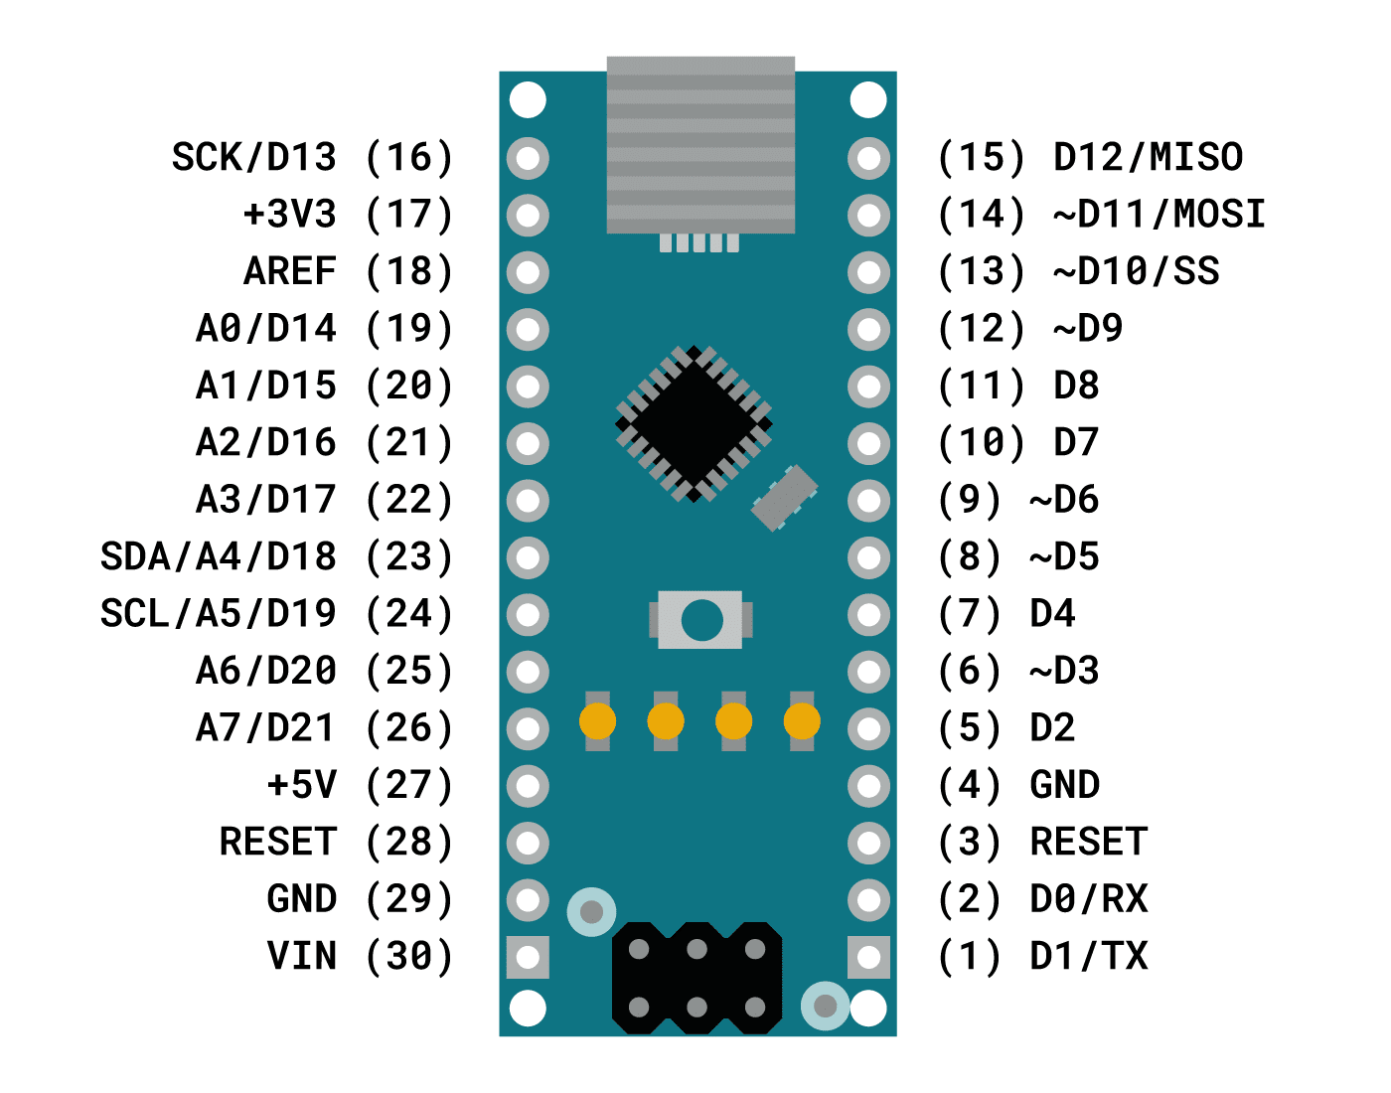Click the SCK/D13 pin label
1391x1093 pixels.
pyautogui.click(x=254, y=157)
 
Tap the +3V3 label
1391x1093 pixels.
pyautogui.click(x=290, y=215)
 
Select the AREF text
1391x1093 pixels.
pyautogui.click(x=290, y=271)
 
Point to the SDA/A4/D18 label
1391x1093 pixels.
pyautogui.click(x=219, y=556)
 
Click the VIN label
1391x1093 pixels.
pyautogui.click(x=302, y=956)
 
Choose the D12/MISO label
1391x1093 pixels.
pyautogui.click(x=1148, y=157)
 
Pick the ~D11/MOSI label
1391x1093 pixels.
pyautogui.click(x=1159, y=215)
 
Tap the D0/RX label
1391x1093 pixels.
pyautogui.click(x=1089, y=899)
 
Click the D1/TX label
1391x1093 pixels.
pyautogui.click(x=1089, y=956)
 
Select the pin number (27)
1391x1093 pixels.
pyautogui.click(x=409, y=785)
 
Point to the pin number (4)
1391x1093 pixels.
pyautogui.click(x=970, y=785)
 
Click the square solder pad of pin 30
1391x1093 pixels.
pyautogui.click(x=528, y=957)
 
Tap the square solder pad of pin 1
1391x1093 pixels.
pyautogui.click(x=869, y=957)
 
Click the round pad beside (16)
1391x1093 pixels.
pyautogui.click(x=528, y=158)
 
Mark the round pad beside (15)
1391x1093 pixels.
pyautogui.click(x=869, y=158)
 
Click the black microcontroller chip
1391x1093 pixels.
pyautogui.click(x=694, y=423)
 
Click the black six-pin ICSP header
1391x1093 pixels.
pyautogui.click(x=696, y=978)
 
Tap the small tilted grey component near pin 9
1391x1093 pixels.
pyautogui.click(x=785, y=497)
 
